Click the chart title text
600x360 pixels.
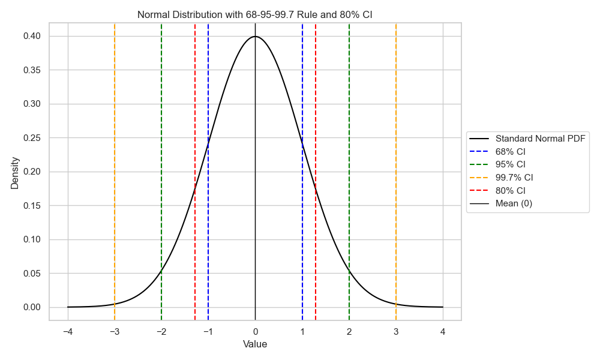point(255,14)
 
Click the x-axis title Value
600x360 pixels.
point(255,344)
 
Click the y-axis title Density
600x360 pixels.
point(15,173)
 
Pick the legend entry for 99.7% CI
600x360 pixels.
point(514,178)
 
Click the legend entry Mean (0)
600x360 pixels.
point(514,203)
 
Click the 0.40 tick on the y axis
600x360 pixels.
point(32,37)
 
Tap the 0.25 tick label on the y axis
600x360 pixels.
point(32,138)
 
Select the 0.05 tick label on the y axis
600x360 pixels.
point(32,274)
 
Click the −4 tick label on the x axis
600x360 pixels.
point(68,332)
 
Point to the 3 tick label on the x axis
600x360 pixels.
point(396,332)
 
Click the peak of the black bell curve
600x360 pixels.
point(255,37)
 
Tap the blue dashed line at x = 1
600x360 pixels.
point(302,90)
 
